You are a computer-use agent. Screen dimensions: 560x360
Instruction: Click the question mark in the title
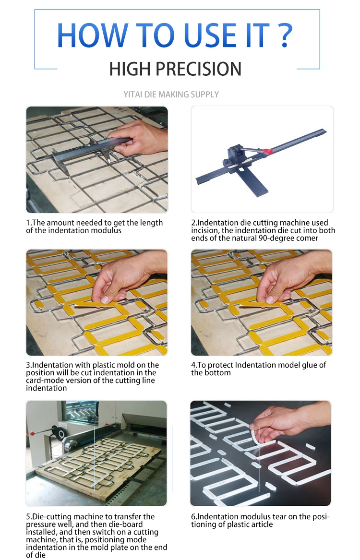point(285,35)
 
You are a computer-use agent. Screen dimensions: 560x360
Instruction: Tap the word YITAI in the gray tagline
point(133,95)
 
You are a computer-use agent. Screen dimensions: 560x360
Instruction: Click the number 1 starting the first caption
point(28,223)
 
